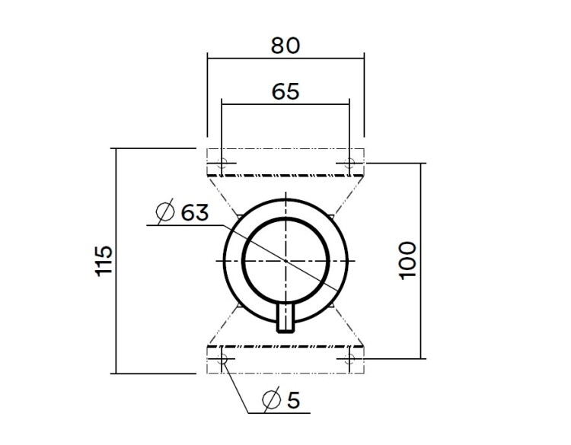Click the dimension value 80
click(x=285, y=45)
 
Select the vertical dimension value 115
click(x=104, y=261)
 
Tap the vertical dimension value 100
click(x=408, y=260)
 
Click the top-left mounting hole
click(x=222, y=163)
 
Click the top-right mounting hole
click(x=349, y=163)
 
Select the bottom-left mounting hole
click(x=222, y=358)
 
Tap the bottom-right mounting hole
click(x=349, y=358)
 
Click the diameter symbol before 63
click(x=164, y=213)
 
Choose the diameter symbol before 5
click(x=270, y=399)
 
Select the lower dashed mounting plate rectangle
click(x=285, y=359)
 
